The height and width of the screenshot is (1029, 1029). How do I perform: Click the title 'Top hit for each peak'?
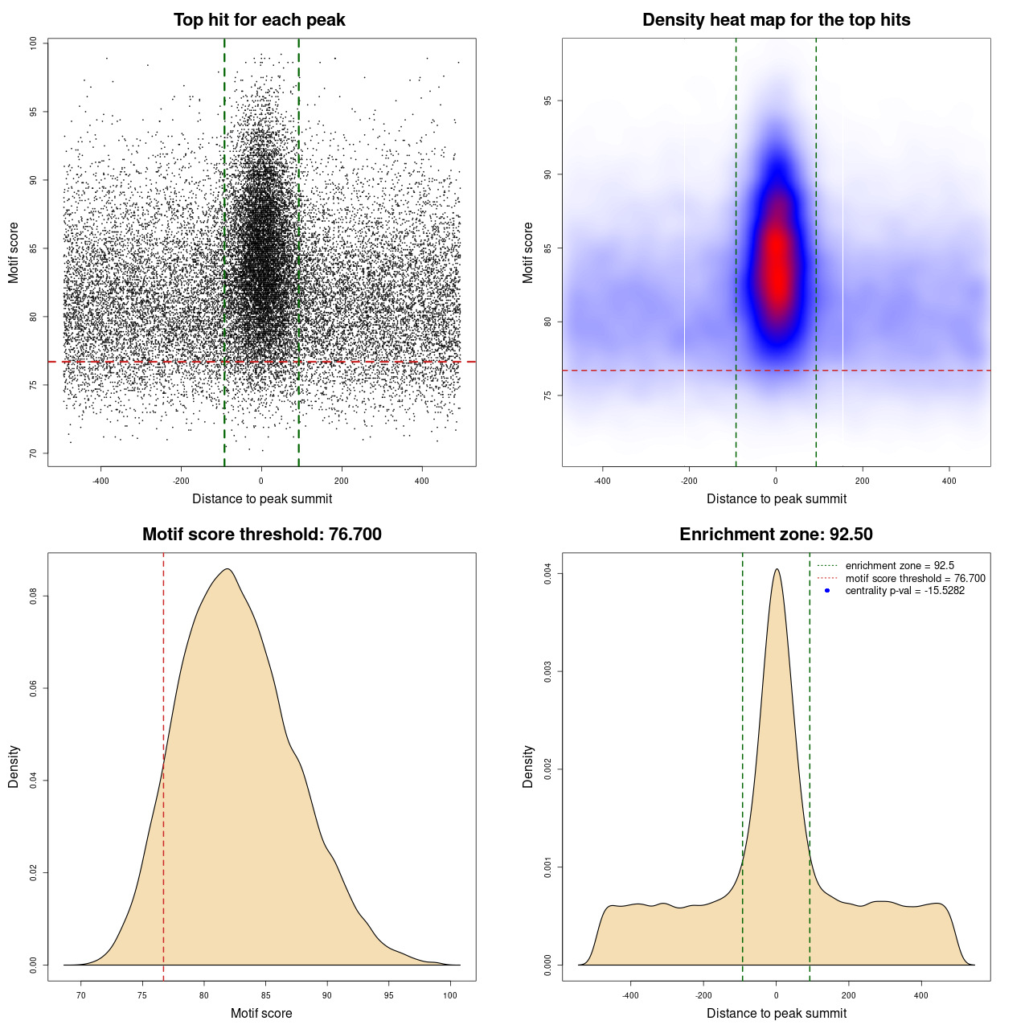pos(259,20)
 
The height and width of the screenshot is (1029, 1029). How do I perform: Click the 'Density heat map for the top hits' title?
pos(776,20)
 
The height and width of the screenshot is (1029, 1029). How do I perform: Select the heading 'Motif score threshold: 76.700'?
pos(261,535)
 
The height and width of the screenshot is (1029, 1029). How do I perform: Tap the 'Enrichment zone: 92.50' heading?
pos(776,535)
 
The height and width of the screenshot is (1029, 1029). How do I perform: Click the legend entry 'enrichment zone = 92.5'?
pos(900,566)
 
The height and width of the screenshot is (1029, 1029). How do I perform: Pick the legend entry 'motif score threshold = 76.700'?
pos(915,579)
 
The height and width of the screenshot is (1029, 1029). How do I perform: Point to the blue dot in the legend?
pos(827,591)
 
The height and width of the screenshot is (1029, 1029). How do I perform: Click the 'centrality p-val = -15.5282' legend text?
pos(904,591)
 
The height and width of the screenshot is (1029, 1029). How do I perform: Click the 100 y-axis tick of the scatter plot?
pos(33,43)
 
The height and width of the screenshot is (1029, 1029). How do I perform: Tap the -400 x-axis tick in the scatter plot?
pos(100,481)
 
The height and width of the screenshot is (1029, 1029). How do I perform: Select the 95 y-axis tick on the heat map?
pos(547,100)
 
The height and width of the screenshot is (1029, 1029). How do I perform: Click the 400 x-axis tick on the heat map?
pos(949,481)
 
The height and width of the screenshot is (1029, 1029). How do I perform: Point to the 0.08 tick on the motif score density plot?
pos(33,596)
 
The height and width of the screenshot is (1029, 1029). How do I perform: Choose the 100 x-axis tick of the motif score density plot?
pos(450,995)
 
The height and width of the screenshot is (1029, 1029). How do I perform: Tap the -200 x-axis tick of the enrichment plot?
pos(703,995)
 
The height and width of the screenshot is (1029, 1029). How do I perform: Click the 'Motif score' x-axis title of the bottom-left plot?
pos(261,1013)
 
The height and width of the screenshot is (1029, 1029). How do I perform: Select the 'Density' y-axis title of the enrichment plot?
pos(528,766)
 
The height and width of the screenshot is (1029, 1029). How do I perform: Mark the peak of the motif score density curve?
pos(228,569)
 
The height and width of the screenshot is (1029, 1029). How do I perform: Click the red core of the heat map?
pos(777,265)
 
